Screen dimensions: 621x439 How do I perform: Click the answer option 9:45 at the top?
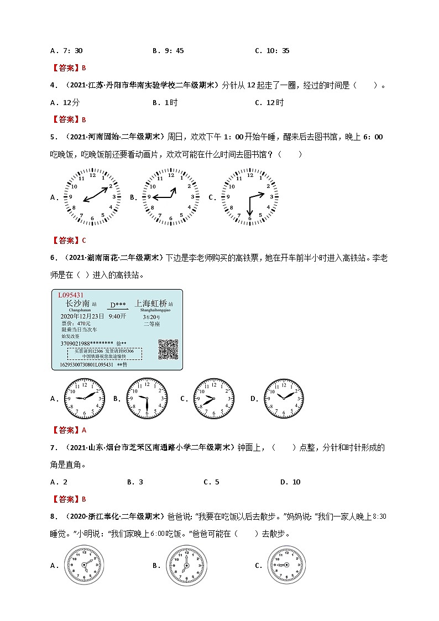tap(168, 51)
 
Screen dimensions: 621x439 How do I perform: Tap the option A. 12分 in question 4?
tap(65, 102)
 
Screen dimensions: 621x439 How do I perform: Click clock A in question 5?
tap(92, 197)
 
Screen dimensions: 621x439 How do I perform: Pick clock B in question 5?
tap(171, 197)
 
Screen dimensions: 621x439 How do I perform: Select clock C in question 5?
tap(249, 197)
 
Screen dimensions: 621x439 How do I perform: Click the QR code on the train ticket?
tap(168, 348)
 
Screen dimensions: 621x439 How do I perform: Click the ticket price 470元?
tap(76, 322)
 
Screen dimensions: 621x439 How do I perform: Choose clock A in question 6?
tap(85, 398)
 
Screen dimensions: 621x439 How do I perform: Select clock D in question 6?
tap(283, 398)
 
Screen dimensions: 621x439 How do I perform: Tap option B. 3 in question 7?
tap(135, 482)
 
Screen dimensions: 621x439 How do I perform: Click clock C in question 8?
tap(286, 565)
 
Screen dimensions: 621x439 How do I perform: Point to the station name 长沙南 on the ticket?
tap(77, 304)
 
